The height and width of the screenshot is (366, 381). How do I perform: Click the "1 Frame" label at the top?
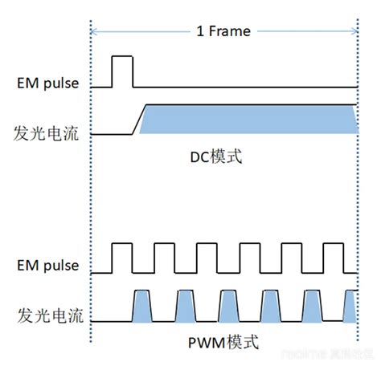pos(223,32)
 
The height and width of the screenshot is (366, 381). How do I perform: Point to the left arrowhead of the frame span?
pos(95,32)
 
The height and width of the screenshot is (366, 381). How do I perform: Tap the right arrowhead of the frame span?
pos(353,32)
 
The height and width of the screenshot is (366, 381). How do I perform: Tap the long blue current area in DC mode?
pos(249,119)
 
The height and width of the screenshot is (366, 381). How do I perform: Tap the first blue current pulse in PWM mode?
pos(142,306)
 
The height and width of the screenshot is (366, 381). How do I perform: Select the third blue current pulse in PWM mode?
pos(227,306)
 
